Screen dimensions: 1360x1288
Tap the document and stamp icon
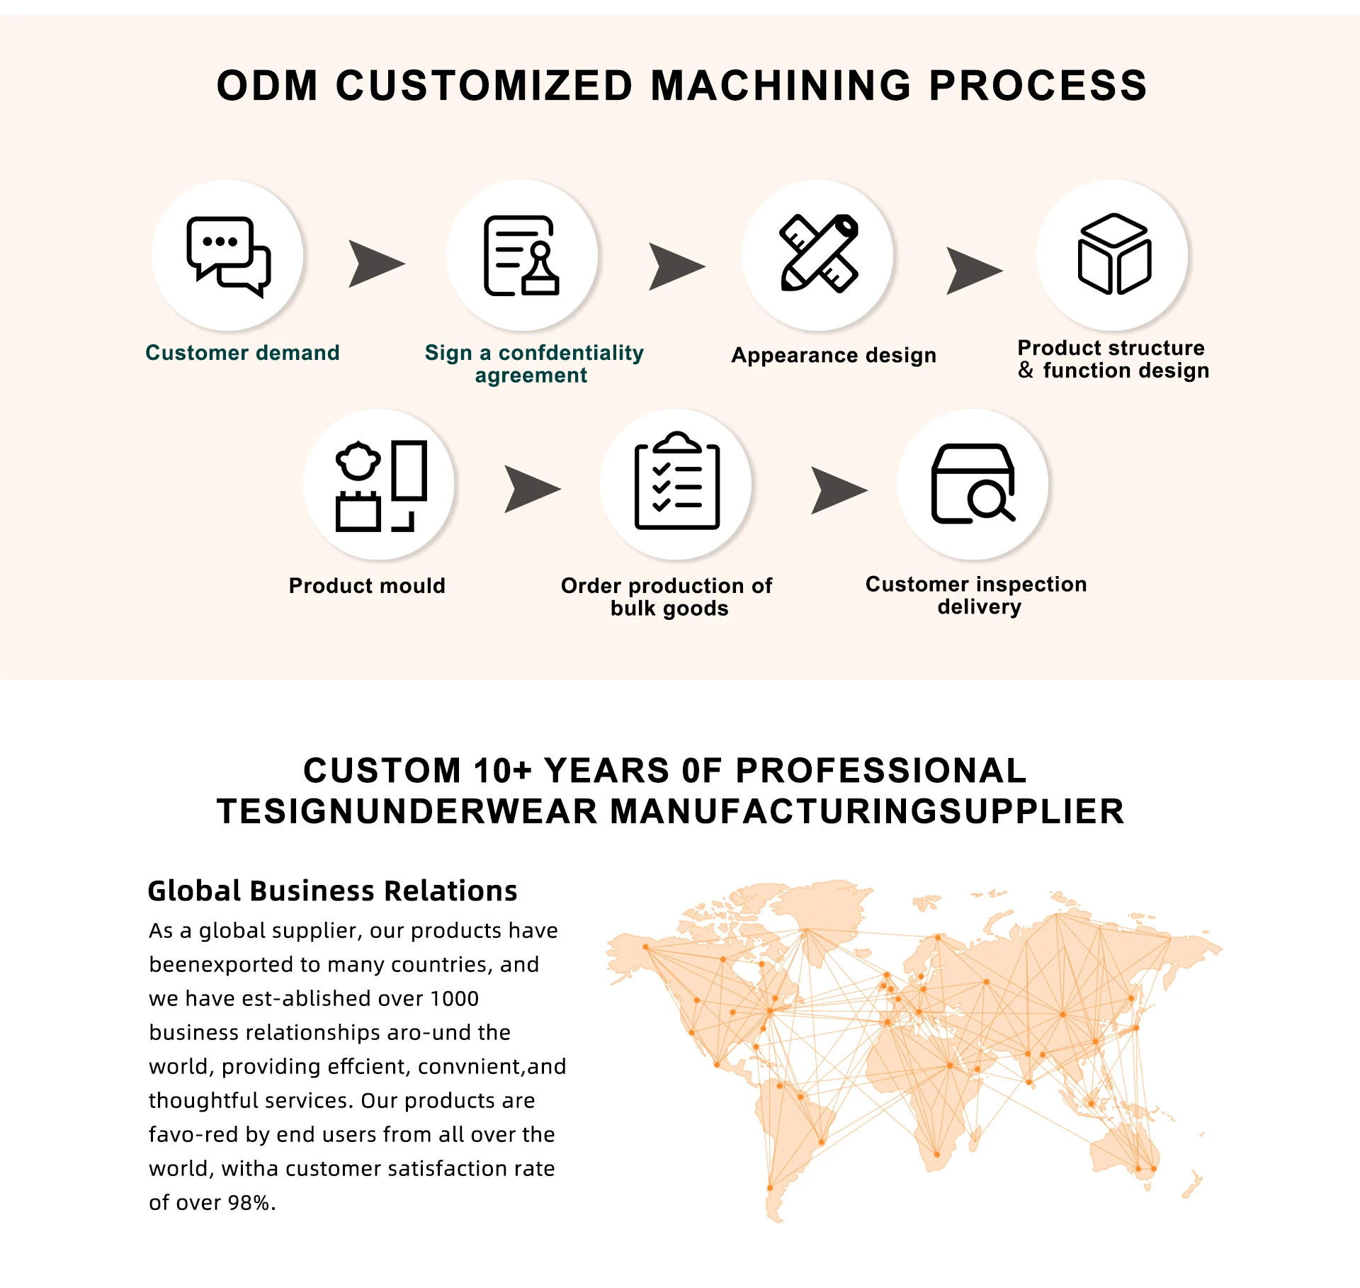point(522,256)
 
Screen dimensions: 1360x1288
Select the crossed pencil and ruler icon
point(819,254)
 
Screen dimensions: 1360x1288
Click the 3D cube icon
point(1114,254)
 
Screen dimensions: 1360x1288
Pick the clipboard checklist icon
point(677,481)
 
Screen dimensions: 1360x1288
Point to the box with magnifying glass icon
point(973,483)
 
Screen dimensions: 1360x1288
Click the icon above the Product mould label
point(380,485)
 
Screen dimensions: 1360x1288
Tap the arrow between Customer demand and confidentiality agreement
point(376,264)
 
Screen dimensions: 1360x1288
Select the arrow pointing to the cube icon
point(974,271)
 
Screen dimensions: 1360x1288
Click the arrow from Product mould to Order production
point(532,489)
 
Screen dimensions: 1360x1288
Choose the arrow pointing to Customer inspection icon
point(839,490)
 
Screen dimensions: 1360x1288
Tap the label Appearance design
point(834,355)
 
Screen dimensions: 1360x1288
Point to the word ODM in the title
point(268,86)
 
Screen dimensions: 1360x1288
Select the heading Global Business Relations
point(332,891)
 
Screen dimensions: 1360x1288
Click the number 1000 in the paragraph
point(454,998)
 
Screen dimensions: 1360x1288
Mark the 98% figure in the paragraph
point(249,1202)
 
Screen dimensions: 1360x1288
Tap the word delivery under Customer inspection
point(979,606)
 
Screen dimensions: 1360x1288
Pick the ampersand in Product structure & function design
point(1026,370)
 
